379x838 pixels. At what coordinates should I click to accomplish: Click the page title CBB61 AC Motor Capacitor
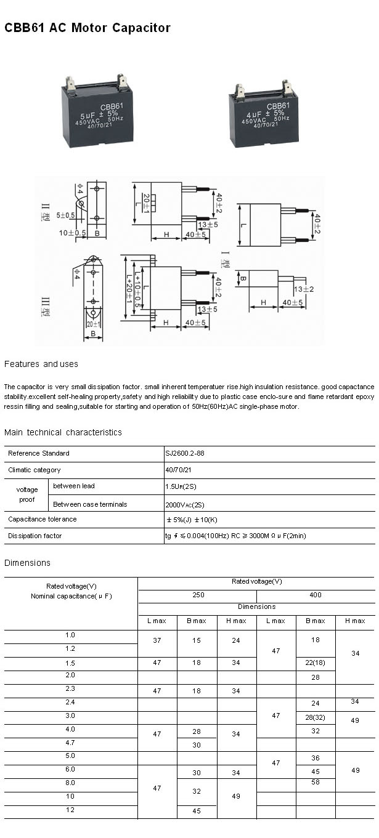pos(88,28)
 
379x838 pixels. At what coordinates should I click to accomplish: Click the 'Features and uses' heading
pos(41,364)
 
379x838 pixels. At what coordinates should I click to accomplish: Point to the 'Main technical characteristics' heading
pos(63,432)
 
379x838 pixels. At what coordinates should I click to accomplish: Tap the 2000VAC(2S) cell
pos(185,504)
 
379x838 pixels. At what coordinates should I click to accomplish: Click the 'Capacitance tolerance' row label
pos(43,519)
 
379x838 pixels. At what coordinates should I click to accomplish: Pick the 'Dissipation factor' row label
pos(35,536)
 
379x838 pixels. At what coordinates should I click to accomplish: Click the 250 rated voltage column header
pos(197,595)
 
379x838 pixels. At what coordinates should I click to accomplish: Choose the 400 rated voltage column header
pos(316,595)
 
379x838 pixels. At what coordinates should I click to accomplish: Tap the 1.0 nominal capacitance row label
pos(70,635)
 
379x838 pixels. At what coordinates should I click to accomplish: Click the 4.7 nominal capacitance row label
pos(70,743)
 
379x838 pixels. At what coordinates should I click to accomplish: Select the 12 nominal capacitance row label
pos(70,811)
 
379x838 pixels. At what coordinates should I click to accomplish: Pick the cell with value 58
pos(316,783)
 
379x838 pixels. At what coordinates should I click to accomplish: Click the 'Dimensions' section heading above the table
pos(27,563)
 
